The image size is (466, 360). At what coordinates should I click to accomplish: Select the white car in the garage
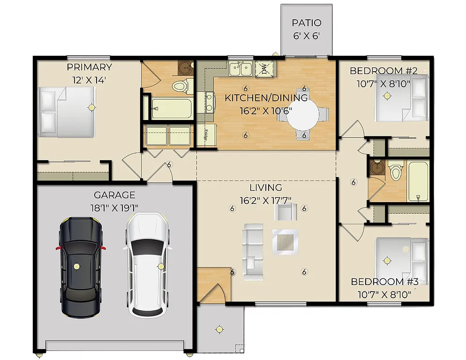click(x=145, y=265)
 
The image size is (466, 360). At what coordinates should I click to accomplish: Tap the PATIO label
click(x=307, y=23)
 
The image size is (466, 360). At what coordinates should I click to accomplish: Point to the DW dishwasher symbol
click(x=265, y=69)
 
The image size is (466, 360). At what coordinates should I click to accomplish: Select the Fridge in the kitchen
click(x=206, y=135)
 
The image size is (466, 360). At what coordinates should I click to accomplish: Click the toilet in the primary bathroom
click(x=180, y=86)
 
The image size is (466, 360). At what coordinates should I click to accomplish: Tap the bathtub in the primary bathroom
click(x=172, y=109)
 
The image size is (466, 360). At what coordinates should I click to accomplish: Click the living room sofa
click(x=253, y=248)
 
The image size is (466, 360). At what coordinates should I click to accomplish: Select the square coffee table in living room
click(x=285, y=242)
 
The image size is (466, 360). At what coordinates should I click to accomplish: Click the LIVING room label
click(x=265, y=188)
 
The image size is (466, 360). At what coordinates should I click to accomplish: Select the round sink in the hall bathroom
click(x=376, y=168)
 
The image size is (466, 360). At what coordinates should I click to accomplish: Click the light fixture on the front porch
click(x=218, y=329)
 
